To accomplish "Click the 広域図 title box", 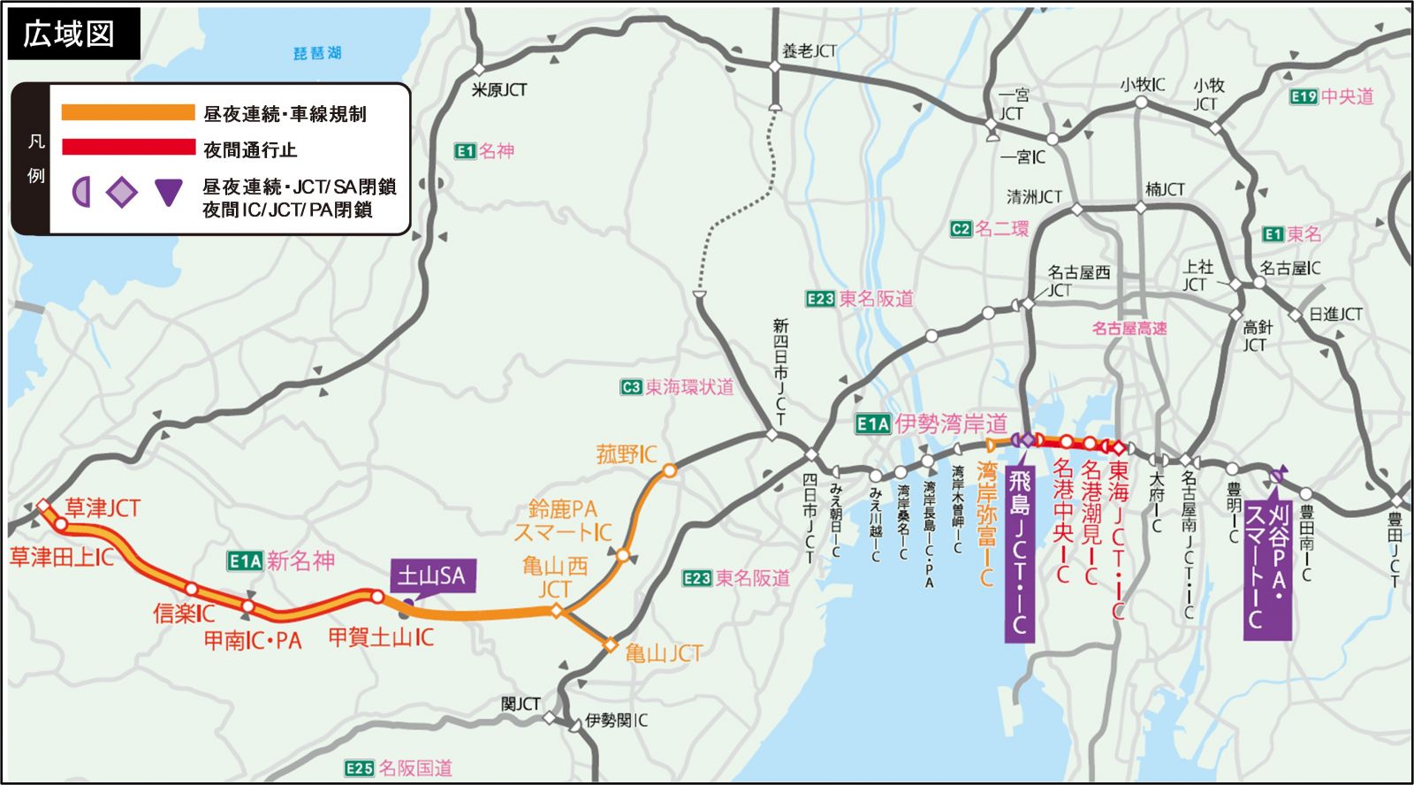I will [72, 34].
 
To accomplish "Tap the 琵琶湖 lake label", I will [317, 53].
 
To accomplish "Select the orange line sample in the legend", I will [127, 112].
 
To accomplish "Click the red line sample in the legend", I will [127, 148].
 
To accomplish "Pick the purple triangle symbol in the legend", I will [168, 192].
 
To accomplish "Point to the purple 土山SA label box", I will [432, 576].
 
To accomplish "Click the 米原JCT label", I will [499, 90].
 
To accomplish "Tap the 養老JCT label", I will [809, 51].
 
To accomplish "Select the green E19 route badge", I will [1304, 97].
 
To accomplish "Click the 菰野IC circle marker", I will [670, 471].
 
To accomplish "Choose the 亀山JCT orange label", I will [664, 654].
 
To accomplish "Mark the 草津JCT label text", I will [103, 508].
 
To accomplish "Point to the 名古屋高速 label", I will [1129, 329].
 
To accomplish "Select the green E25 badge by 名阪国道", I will [359, 768].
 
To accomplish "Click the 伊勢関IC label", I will [616, 720].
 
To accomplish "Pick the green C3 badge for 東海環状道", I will [630, 387].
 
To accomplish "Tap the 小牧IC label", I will [1142, 85].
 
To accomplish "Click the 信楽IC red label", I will [184, 613].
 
